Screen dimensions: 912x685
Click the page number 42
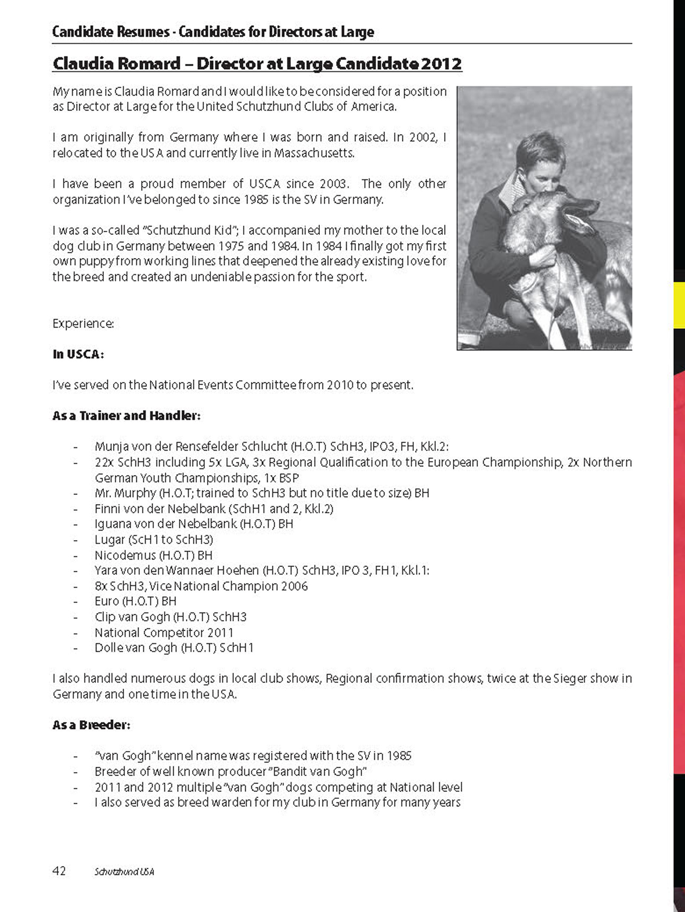(x=59, y=871)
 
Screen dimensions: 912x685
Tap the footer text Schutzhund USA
(x=124, y=872)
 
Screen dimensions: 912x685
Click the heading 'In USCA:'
(x=78, y=354)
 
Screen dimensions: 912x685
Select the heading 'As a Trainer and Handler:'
(x=126, y=416)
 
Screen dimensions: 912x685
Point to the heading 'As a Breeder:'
(x=91, y=725)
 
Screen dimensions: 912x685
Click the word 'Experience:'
(x=83, y=324)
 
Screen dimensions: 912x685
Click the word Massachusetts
(x=314, y=153)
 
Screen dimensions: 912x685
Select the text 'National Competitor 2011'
(x=164, y=632)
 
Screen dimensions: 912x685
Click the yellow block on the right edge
(x=679, y=305)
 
